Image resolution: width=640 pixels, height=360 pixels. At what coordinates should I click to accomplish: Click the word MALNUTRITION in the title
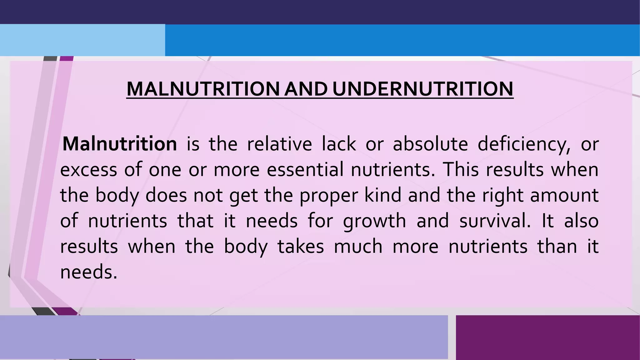[203, 89]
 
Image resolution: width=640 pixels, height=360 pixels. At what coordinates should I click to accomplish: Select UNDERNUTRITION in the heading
[423, 89]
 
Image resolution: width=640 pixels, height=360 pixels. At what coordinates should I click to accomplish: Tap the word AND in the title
[306, 89]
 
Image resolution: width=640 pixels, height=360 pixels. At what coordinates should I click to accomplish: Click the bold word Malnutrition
[120, 144]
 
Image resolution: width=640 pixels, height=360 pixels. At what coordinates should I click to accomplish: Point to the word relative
[279, 144]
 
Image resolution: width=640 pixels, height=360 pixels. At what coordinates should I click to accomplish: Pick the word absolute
[430, 144]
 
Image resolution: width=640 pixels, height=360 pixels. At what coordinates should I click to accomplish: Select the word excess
[88, 170]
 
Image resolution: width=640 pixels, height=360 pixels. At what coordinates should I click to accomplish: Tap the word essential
[305, 170]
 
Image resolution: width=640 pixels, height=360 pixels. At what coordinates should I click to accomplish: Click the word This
[461, 170]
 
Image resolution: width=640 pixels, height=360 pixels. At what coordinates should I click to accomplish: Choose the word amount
[564, 195]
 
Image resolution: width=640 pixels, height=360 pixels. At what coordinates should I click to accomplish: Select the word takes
[301, 247]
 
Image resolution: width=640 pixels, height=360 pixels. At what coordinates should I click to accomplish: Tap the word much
[358, 247]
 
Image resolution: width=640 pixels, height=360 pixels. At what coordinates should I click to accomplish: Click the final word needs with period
[88, 272]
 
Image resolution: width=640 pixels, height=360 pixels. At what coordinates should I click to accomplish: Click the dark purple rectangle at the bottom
[547, 337]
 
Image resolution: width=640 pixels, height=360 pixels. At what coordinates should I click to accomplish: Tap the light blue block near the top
[82, 40]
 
